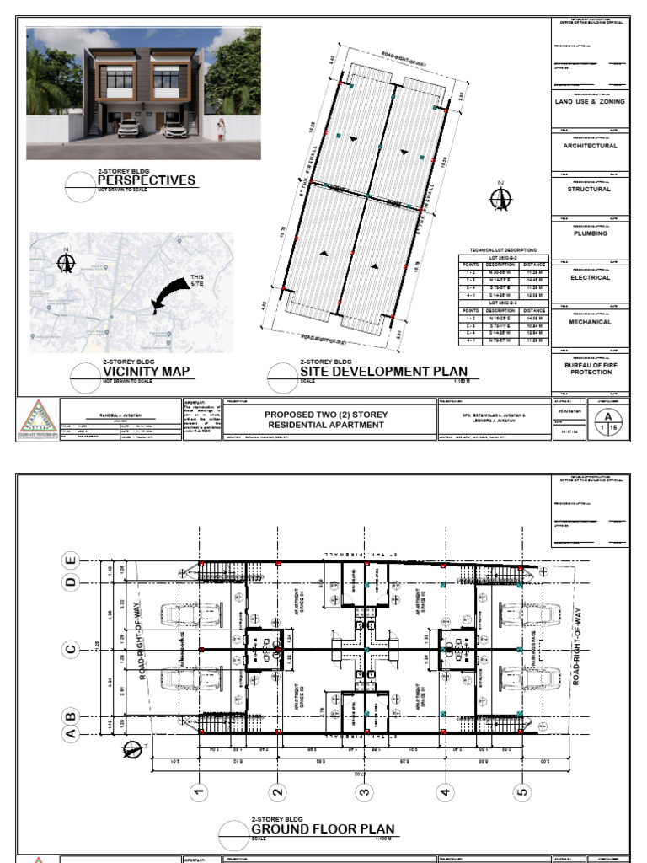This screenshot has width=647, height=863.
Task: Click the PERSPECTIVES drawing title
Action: tap(146, 180)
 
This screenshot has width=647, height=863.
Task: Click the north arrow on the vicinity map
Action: tap(65, 261)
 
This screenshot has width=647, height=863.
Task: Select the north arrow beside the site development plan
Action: tap(501, 197)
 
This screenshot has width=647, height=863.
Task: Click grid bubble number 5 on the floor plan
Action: tap(522, 791)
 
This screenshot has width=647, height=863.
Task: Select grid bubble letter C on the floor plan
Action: tap(72, 648)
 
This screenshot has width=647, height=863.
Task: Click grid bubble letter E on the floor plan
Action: tap(72, 560)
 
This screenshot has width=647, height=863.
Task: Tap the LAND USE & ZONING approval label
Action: tap(590, 101)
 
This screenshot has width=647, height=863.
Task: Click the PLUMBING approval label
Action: tap(590, 233)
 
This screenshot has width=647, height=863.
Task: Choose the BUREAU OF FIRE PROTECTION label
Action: tap(590, 368)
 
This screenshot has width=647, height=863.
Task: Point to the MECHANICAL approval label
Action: tap(590, 321)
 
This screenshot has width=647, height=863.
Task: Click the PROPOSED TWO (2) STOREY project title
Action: tap(324, 420)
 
